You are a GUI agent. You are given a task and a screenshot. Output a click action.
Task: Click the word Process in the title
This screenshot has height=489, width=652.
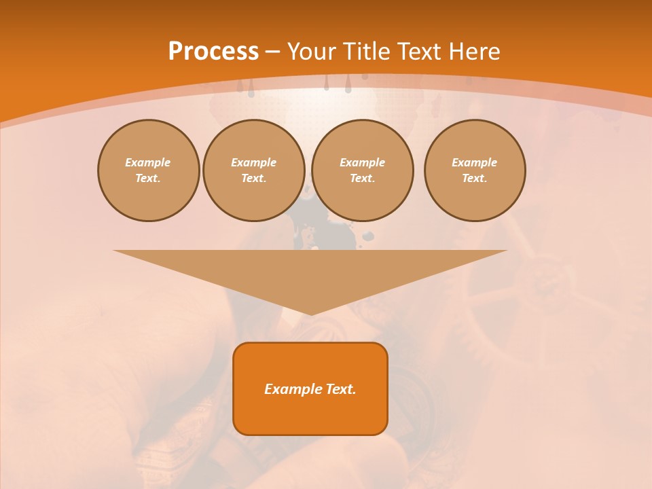pyautogui.click(x=213, y=52)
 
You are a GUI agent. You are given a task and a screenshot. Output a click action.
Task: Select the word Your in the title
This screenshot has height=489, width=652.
pyautogui.click(x=309, y=52)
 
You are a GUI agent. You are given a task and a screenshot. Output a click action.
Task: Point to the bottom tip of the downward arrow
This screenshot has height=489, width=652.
pyautogui.click(x=310, y=314)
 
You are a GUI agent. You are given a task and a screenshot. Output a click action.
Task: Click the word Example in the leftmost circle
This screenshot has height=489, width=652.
pyautogui.click(x=148, y=162)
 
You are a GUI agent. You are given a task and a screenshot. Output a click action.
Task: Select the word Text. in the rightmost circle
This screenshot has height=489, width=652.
pyautogui.click(x=475, y=178)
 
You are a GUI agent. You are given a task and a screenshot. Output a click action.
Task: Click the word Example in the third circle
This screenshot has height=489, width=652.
pyautogui.click(x=363, y=162)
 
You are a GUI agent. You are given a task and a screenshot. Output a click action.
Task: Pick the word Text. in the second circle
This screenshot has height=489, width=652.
pyautogui.click(x=254, y=178)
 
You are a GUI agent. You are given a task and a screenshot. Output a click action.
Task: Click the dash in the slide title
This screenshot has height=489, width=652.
pyautogui.click(x=272, y=52)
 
